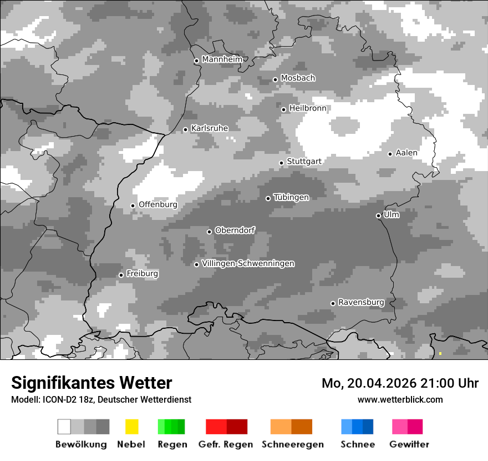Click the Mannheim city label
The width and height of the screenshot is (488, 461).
pos(222,59)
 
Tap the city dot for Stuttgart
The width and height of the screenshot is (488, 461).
pos(281,163)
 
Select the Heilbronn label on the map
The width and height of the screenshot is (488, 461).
pos(308,108)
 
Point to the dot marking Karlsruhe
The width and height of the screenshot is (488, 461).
pos(186,129)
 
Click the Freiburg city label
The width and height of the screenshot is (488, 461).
pos(142,274)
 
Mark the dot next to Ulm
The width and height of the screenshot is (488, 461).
pos(378,216)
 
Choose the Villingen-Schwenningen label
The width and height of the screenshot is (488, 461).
pos(248,263)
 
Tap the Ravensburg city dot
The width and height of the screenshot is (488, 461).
pos(333,303)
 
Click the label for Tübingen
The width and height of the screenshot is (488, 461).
pos(291,197)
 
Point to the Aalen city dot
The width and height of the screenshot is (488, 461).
pos(390,154)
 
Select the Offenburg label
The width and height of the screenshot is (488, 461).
pos(157,204)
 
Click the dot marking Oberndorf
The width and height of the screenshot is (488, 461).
pos(209,232)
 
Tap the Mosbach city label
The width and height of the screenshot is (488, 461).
pos(298,78)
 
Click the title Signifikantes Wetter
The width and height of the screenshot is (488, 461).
pos(91,383)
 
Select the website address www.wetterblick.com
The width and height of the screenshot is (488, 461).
pos(400,399)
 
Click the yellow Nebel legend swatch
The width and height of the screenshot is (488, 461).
pos(131,427)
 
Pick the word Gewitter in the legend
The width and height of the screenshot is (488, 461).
pos(409,444)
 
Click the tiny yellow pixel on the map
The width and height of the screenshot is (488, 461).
pos(440,353)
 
